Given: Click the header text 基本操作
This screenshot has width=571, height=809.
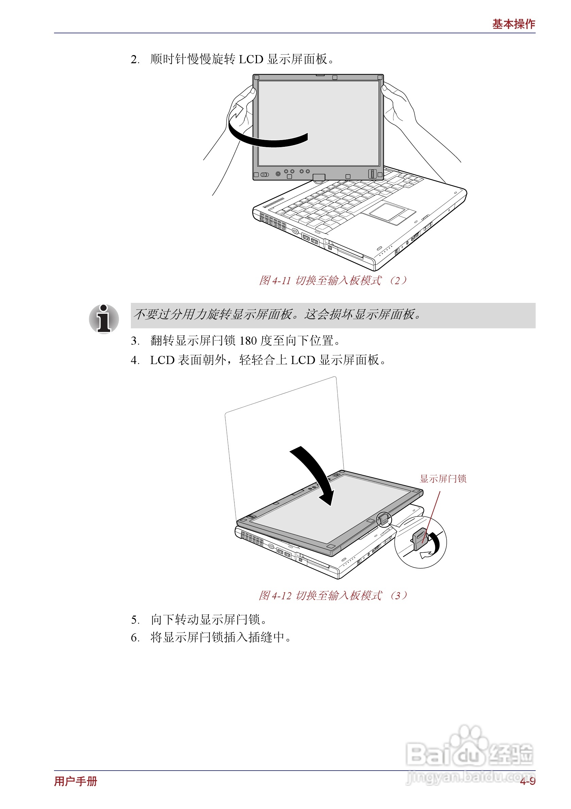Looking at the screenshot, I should click(x=513, y=24).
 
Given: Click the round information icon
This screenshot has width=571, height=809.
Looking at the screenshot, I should click(x=104, y=319).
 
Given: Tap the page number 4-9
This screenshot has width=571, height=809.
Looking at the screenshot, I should click(x=527, y=781).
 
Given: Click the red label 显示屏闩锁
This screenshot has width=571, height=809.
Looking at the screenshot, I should click(x=443, y=479).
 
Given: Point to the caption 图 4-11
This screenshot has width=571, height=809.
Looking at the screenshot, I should click(x=275, y=280).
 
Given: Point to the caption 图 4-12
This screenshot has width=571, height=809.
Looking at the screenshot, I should click(x=275, y=596).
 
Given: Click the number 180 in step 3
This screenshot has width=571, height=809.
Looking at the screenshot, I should click(x=248, y=341).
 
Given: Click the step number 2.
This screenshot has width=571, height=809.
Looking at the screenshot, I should click(x=134, y=59).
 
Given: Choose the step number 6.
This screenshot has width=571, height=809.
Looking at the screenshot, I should click(x=134, y=638).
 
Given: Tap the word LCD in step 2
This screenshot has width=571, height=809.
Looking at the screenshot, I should click(x=251, y=59).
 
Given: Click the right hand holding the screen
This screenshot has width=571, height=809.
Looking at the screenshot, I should click(x=398, y=102).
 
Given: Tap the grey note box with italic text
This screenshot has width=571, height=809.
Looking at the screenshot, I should click(x=332, y=315).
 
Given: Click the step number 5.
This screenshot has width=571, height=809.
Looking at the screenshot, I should click(x=134, y=620).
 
